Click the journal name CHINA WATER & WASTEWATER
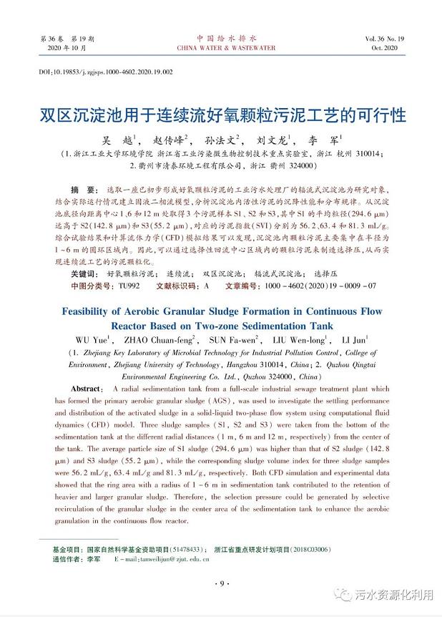pyautogui.click(x=220, y=48)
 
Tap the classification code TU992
pyautogui.click(x=129, y=285)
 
